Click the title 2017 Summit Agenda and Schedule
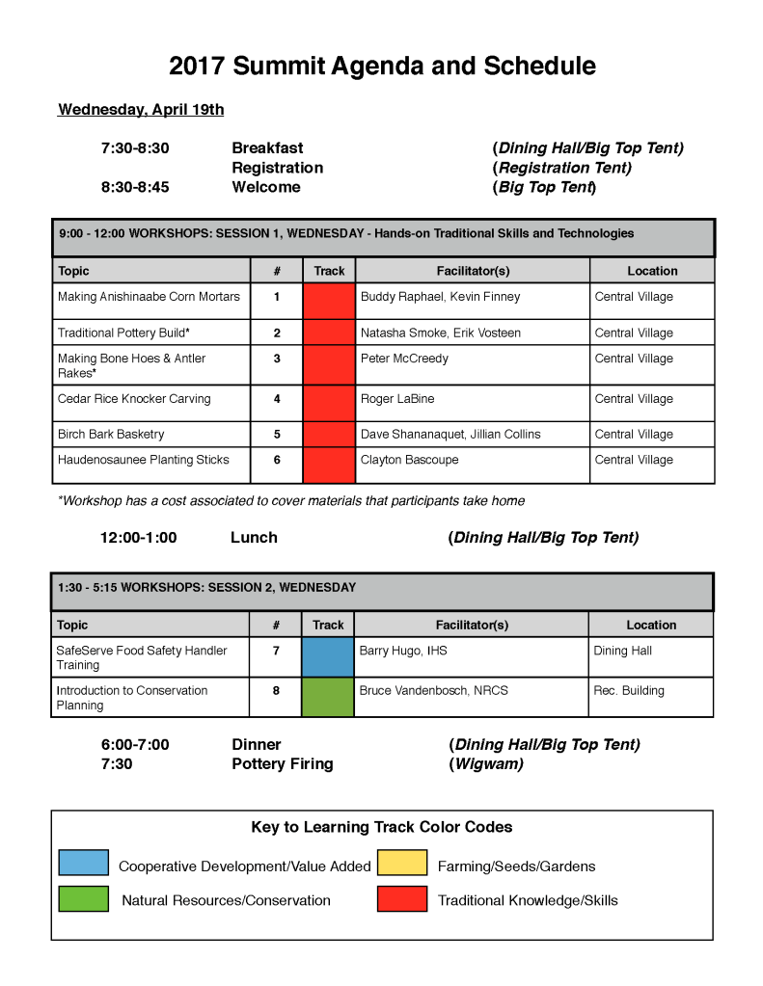click(x=382, y=66)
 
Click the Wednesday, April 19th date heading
click(x=141, y=110)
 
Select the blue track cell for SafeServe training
click(x=328, y=657)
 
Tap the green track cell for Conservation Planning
click(x=328, y=697)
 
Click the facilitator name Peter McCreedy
click(x=404, y=359)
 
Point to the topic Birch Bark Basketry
click(x=111, y=435)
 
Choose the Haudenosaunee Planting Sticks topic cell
click(x=144, y=461)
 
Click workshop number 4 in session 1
click(x=277, y=399)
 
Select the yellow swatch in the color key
click(x=401, y=863)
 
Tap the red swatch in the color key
click(x=401, y=898)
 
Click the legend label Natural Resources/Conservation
click(x=226, y=901)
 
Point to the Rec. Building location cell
click(x=629, y=691)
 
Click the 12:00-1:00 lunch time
click(x=139, y=538)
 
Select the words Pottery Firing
click(x=283, y=764)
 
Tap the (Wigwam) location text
click(x=486, y=764)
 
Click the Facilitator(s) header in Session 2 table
click(x=472, y=626)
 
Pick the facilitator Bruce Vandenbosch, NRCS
click(x=433, y=691)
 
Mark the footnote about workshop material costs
click(x=291, y=501)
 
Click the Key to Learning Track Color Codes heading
click(x=382, y=827)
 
